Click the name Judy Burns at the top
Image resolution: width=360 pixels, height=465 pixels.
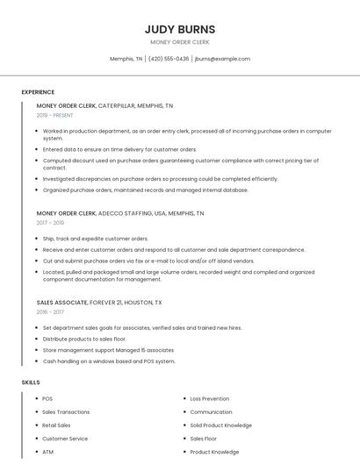pos(179,29)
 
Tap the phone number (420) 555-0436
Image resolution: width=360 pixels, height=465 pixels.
pos(169,59)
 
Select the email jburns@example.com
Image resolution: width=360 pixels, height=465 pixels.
pos(222,59)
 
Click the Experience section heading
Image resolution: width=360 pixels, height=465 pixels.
pos(38,92)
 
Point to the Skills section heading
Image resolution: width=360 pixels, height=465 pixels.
pos(31,383)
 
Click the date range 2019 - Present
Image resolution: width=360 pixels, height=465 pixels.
pos(54,116)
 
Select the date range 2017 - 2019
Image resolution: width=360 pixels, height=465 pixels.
pos(50,223)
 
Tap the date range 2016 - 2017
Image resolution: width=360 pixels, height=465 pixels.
pos(50,312)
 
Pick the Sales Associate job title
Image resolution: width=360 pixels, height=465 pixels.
pos(61,303)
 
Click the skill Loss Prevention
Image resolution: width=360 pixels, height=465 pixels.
pos(210,398)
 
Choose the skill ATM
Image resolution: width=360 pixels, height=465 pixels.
pos(47,452)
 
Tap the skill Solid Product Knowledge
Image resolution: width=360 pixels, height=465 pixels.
pos(220,426)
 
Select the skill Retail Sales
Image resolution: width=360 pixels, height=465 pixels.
pos(56,426)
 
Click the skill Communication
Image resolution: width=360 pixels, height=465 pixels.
pos(211,411)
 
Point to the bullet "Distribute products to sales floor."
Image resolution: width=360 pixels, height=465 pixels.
pos(84,339)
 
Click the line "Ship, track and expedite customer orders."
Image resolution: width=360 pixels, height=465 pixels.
pos(96,239)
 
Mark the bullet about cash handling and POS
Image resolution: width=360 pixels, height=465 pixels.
pos(109,361)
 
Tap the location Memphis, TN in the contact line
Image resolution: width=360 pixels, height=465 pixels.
pos(126,59)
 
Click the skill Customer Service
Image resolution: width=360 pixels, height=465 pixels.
pos(65,439)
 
